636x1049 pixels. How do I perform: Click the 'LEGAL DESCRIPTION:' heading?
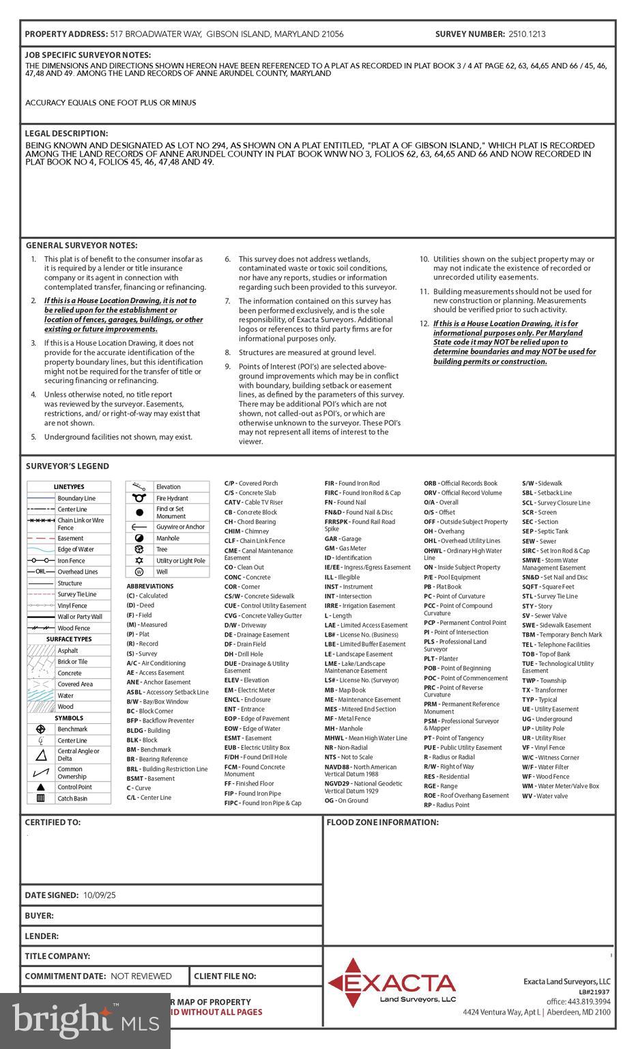click(x=66, y=134)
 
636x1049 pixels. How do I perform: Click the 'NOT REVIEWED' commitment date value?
click(x=141, y=977)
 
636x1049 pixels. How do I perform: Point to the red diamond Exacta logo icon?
click(x=353, y=983)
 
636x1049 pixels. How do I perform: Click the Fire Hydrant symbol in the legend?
click(x=140, y=498)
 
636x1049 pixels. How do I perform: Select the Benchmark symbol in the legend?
click(x=41, y=729)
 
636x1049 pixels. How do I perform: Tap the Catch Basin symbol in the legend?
click(x=41, y=798)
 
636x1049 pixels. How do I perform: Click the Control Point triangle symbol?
click(x=41, y=787)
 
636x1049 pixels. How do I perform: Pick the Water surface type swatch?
click(x=41, y=695)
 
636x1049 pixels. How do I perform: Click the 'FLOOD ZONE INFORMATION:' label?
click(x=382, y=822)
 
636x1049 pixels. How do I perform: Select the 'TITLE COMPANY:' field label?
click(x=57, y=956)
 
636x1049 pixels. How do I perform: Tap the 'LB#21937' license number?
click(x=594, y=992)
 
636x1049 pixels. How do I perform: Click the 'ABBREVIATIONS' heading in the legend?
click(x=149, y=586)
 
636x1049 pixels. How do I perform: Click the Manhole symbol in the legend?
click(x=140, y=538)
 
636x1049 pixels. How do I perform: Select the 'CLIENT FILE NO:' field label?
click(x=225, y=977)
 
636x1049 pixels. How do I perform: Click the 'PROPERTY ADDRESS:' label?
click(x=66, y=34)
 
